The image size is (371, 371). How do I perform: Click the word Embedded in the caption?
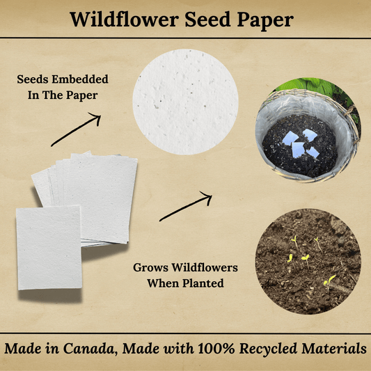[76, 80]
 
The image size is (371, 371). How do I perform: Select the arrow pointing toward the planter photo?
[185, 207]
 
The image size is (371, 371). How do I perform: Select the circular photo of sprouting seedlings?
[308, 260]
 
